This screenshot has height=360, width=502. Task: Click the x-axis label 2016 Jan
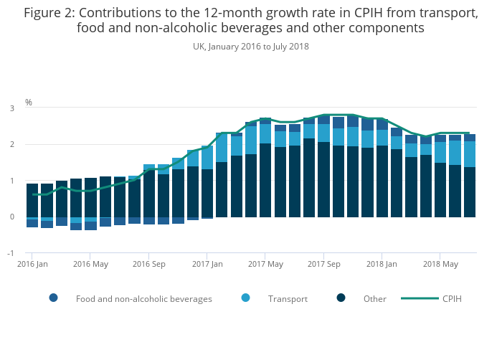tap(32, 264)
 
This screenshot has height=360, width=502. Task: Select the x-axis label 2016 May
tap(90, 264)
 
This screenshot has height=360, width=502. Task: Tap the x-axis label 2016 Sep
tap(148, 264)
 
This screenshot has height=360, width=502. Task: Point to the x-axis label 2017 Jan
tap(207, 264)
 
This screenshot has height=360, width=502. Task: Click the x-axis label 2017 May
tap(265, 264)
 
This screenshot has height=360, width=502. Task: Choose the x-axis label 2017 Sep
tap(323, 264)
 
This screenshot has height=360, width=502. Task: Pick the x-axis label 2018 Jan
tap(382, 264)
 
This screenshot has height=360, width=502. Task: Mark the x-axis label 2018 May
tap(440, 264)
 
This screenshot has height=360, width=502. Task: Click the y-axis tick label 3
tap(12, 108)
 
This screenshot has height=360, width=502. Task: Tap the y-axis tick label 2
tap(12, 145)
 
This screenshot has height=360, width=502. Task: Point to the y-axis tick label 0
tap(12, 217)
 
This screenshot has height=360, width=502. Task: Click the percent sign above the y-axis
tap(29, 102)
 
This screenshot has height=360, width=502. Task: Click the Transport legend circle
tap(246, 298)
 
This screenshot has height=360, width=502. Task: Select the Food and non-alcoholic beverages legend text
tap(143, 299)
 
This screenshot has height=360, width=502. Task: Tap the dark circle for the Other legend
tap(341, 298)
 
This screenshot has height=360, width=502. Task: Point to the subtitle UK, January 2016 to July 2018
tap(250, 47)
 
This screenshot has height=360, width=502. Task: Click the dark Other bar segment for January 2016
tap(32, 200)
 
